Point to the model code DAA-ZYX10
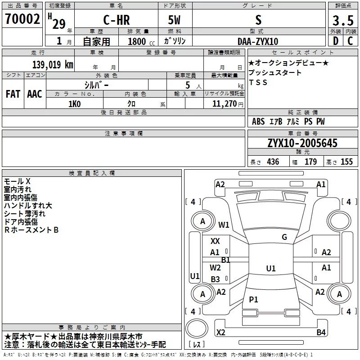(258, 41)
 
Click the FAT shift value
(13, 94)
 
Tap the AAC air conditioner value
(34, 94)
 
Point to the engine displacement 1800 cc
(138, 41)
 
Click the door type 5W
(175, 20)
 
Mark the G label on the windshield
(284, 237)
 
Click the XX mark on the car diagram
(216, 241)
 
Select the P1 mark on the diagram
(253, 299)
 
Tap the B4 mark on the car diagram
(321, 333)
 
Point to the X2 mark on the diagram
(220, 333)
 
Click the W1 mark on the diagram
(224, 225)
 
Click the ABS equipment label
(258, 121)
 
